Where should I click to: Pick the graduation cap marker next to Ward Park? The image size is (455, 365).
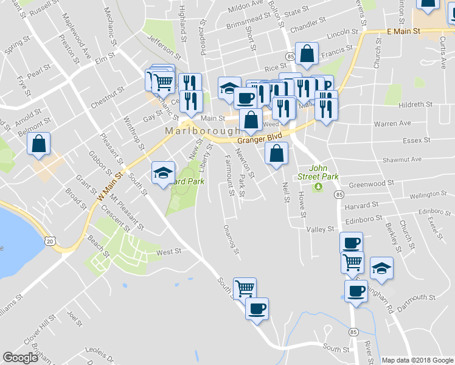pyautogui.click(x=163, y=173)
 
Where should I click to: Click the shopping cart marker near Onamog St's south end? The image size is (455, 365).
pyautogui.click(x=245, y=288)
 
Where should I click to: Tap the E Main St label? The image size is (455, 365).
pyautogui.click(x=403, y=30)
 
